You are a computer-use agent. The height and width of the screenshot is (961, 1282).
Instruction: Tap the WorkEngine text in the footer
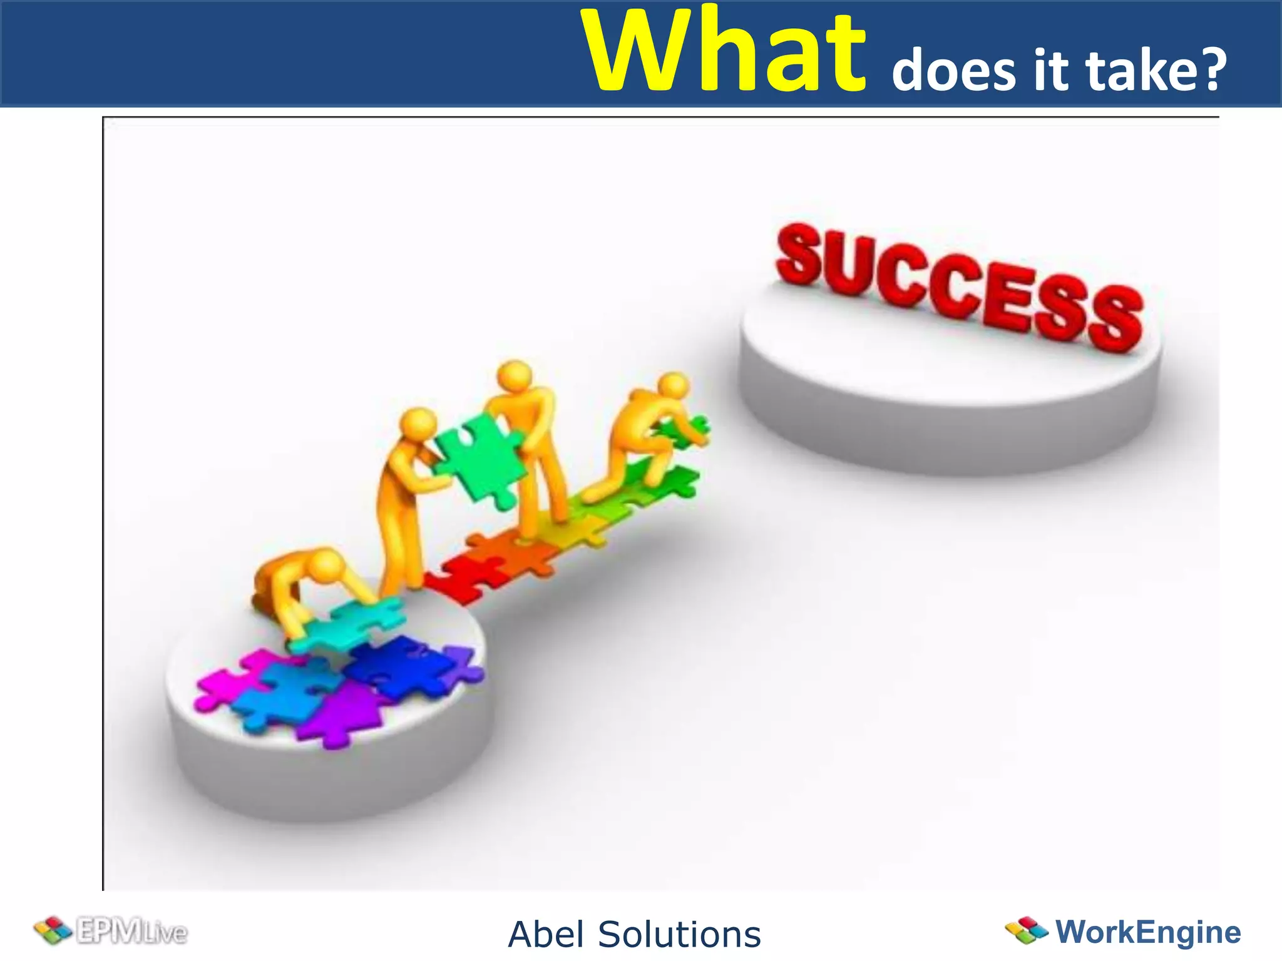pos(1148,932)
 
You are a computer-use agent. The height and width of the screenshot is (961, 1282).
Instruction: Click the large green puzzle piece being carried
pos(479,460)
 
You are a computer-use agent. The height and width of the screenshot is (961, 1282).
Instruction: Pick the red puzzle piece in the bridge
pos(466,579)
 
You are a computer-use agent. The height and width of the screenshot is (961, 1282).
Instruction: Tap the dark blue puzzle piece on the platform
pos(401,666)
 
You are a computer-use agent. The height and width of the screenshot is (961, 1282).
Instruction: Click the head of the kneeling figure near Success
pos(673,387)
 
